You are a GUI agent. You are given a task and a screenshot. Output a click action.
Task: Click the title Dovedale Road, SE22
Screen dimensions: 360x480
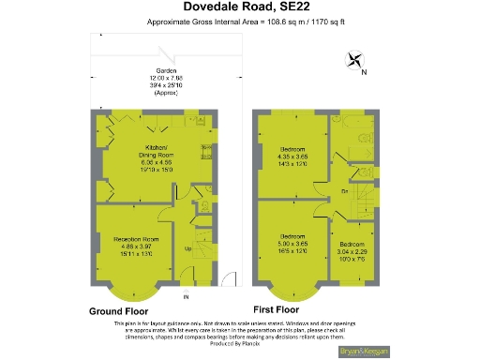click(241, 9)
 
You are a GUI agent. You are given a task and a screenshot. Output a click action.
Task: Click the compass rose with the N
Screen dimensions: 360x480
click(356, 63)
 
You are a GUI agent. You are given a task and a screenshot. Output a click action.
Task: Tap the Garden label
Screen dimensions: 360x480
click(168, 72)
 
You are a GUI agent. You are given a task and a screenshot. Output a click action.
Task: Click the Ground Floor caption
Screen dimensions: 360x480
click(122, 309)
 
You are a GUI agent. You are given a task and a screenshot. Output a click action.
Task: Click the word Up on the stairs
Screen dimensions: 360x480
click(187, 248)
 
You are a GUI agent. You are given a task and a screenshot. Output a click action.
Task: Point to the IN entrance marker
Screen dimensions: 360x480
click(186, 297)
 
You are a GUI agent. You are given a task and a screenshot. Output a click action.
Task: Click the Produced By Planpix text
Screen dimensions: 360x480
click(240, 342)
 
